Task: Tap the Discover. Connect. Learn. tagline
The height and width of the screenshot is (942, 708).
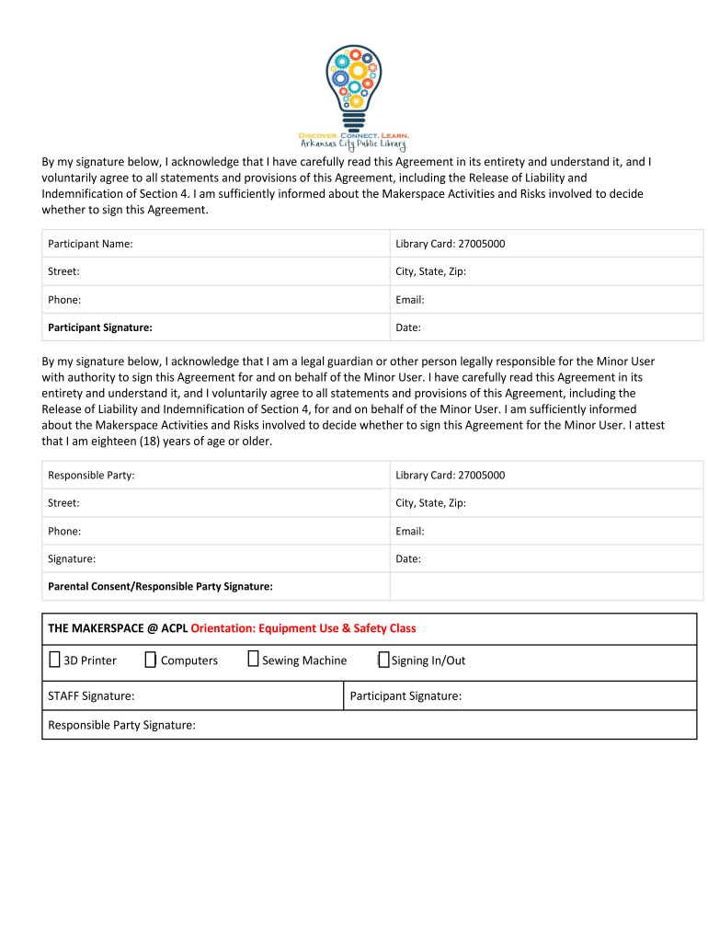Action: (353, 135)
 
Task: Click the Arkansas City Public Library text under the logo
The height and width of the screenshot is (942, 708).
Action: (353, 144)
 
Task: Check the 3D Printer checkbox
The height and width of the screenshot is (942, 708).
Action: (54, 660)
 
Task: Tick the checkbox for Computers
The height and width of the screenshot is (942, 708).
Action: (150, 660)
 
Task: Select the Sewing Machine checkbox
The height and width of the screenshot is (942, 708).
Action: (253, 660)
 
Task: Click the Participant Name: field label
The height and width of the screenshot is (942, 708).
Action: (90, 244)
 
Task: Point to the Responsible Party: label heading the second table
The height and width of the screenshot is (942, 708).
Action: (91, 475)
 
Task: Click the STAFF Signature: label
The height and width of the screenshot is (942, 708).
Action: (91, 696)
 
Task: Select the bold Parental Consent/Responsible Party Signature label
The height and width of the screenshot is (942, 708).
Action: (160, 586)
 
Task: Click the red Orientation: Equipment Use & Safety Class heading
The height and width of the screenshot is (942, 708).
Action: (303, 628)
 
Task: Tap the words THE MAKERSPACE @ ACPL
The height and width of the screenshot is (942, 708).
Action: (118, 628)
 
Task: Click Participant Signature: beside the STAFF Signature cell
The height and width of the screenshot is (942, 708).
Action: (405, 696)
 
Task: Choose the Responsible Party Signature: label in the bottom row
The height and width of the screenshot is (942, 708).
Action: (121, 725)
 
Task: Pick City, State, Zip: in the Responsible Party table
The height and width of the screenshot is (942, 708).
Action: (430, 503)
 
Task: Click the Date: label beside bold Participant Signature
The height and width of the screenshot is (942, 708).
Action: (408, 327)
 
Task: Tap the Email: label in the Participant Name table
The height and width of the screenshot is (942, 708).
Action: (410, 299)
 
